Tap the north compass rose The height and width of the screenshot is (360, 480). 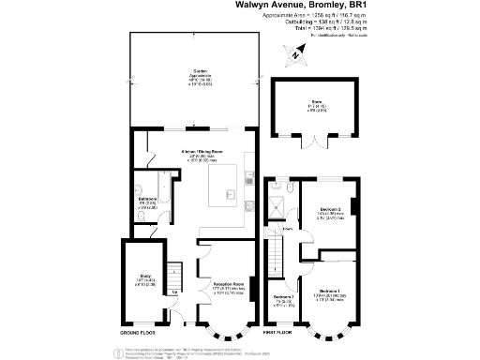pos(294,56)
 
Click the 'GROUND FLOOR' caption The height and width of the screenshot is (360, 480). pos(141,333)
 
